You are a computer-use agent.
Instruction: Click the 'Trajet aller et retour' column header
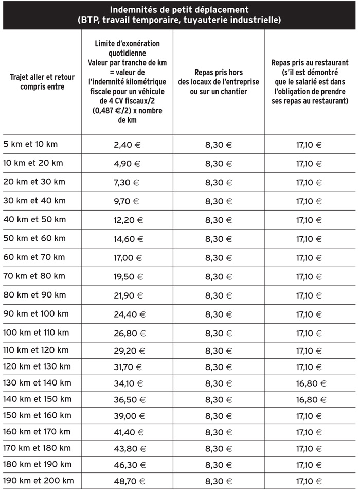pos(42,82)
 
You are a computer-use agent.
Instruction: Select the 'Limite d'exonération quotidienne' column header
pos(127,82)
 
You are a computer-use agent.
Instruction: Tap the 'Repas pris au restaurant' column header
pos(310,82)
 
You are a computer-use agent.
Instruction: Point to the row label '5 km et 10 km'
pos(30,144)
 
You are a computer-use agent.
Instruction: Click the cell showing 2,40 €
pos(127,145)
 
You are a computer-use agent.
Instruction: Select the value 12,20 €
pos(127,220)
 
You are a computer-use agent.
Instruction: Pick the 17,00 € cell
pos(127,257)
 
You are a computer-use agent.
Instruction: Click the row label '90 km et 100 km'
pos(36,313)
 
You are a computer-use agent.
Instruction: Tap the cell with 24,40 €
pos(127,314)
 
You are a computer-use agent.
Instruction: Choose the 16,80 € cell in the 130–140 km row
pos(310,383)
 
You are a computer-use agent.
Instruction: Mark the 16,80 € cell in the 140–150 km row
pos(310,399)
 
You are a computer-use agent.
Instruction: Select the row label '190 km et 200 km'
pos(39,481)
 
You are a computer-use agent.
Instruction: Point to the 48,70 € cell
pos(127,481)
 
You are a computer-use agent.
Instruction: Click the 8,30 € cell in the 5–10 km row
pos(219,145)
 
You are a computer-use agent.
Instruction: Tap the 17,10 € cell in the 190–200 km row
pos(310,481)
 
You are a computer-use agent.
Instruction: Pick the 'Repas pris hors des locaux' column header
pos(219,82)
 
